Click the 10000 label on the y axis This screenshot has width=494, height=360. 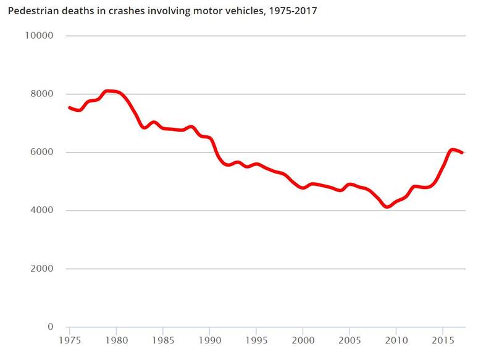click(x=39, y=36)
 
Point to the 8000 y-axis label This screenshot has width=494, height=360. click(x=41, y=94)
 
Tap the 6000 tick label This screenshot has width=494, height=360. click(x=41, y=153)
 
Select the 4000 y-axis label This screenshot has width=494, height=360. click(x=41, y=211)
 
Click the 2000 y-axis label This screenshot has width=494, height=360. click(x=41, y=269)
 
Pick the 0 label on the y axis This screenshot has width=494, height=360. click(x=51, y=327)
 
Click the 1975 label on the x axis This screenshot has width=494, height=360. click(x=70, y=340)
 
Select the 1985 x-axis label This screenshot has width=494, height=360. click(x=163, y=340)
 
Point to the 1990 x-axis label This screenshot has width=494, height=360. click(x=210, y=340)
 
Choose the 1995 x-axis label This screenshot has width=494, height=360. click(x=256, y=340)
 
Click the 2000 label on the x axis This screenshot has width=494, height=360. click(x=303, y=340)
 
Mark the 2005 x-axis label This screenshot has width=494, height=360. click(x=350, y=340)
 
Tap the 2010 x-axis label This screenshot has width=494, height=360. click(x=396, y=340)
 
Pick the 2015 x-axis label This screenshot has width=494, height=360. click(x=442, y=340)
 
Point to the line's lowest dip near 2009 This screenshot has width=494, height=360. click(x=387, y=207)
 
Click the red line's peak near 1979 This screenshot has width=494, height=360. click(x=108, y=91)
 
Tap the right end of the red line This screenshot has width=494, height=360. click(x=462, y=153)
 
